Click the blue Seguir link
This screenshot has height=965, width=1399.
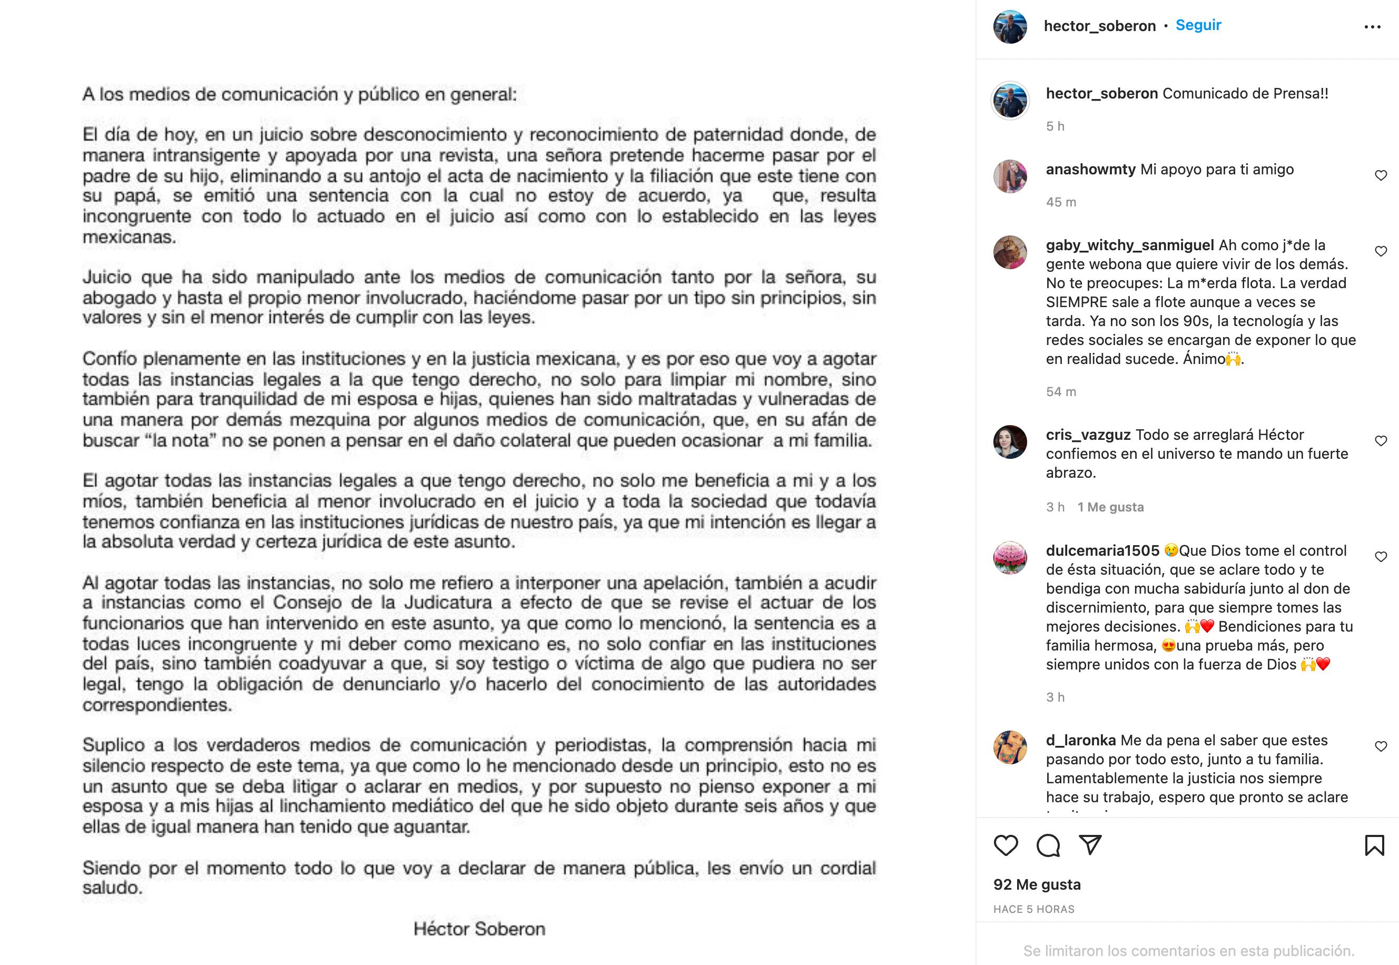(x=1198, y=25)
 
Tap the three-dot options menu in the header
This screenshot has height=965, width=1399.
(x=1372, y=27)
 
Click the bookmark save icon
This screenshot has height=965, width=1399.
(x=1374, y=845)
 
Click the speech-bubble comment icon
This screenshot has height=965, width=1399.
(x=1048, y=845)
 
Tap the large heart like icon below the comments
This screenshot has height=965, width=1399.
(x=1006, y=845)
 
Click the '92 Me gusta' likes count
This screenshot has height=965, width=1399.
(x=1037, y=884)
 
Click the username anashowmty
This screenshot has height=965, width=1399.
(x=1091, y=169)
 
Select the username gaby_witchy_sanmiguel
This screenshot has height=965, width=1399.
(x=1129, y=245)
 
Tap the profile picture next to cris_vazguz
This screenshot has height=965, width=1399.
(x=1010, y=442)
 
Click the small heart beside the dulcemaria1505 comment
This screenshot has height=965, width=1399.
(x=1380, y=557)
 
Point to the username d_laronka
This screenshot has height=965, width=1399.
(x=1080, y=740)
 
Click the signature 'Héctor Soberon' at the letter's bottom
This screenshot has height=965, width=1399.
(x=479, y=929)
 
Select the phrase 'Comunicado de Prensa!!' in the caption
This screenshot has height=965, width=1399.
(x=1245, y=94)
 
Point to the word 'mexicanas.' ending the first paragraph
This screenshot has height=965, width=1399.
(x=129, y=237)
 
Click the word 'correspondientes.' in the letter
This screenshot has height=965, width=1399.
(x=156, y=704)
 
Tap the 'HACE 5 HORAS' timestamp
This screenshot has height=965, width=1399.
(x=1033, y=909)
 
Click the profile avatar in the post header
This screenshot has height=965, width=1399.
(x=1010, y=27)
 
